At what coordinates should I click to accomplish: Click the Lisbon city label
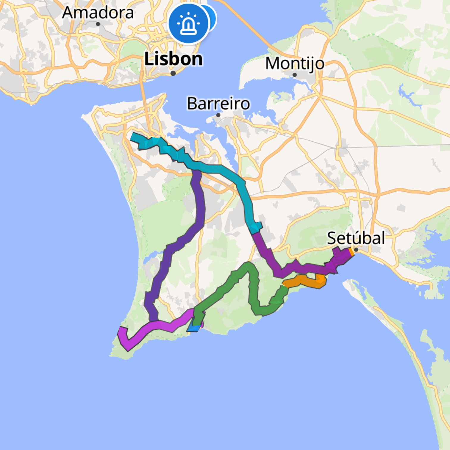(174, 59)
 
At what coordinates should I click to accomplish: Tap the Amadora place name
(98, 12)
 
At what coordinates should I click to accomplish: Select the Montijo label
(295, 63)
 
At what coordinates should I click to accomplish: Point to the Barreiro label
(218, 103)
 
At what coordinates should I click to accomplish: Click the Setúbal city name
(356, 238)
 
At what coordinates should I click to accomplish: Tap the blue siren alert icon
(188, 24)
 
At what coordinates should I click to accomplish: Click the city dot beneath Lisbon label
(173, 73)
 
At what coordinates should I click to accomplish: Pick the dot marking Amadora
(98, 24)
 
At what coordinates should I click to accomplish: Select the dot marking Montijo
(295, 75)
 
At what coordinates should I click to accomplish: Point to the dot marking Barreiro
(218, 115)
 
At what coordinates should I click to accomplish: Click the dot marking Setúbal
(356, 250)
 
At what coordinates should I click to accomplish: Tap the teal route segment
(220, 169)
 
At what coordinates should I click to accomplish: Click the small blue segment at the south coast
(194, 328)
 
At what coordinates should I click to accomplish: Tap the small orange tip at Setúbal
(351, 252)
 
